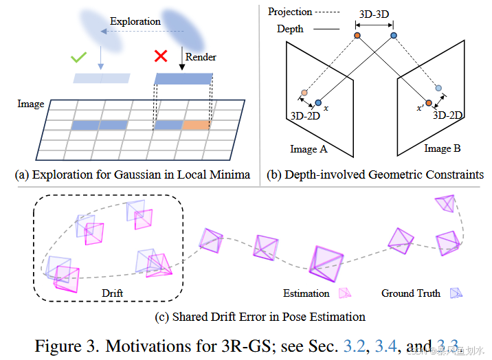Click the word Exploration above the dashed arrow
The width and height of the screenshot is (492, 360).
136,21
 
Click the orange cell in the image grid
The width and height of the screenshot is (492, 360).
197,126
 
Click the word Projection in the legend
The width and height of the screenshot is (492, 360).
290,12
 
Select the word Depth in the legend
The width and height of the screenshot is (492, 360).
290,29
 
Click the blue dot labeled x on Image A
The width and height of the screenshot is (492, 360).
317,103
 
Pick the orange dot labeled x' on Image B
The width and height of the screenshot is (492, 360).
428,104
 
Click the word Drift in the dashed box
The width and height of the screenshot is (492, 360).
112,293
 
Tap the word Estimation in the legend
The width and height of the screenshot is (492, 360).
306,293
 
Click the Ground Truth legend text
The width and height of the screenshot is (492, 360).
411,293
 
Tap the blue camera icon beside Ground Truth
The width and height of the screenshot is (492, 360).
454,293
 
